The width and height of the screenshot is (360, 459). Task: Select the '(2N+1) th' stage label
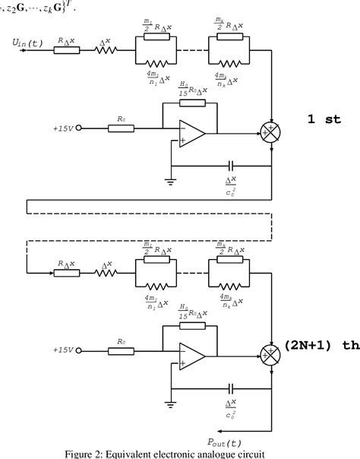pyautogui.click(x=320, y=345)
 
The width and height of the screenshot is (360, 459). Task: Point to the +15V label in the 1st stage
pyautogui.click(x=64, y=129)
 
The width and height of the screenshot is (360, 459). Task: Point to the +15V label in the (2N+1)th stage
pyautogui.click(x=64, y=351)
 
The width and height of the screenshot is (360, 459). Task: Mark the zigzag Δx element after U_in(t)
pyautogui.click(x=107, y=51)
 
